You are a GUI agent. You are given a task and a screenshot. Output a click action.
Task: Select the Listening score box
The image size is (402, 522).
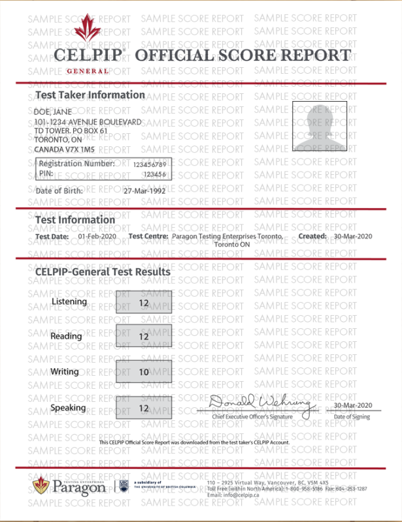click(x=144, y=303)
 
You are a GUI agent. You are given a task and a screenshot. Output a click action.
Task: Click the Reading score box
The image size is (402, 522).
click(x=144, y=337)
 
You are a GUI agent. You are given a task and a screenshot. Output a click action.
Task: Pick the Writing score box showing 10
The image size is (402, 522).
click(x=144, y=372)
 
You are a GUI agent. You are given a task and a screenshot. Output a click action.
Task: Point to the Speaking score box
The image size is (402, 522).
click(x=144, y=408)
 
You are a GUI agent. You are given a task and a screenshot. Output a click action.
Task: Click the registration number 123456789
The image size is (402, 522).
click(x=150, y=164)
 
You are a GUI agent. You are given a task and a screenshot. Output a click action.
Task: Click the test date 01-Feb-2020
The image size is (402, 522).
click(x=97, y=236)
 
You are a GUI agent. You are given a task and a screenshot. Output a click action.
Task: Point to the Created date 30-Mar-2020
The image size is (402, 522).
click(x=352, y=236)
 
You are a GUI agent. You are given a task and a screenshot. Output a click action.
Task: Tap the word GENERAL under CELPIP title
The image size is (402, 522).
click(x=88, y=70)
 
